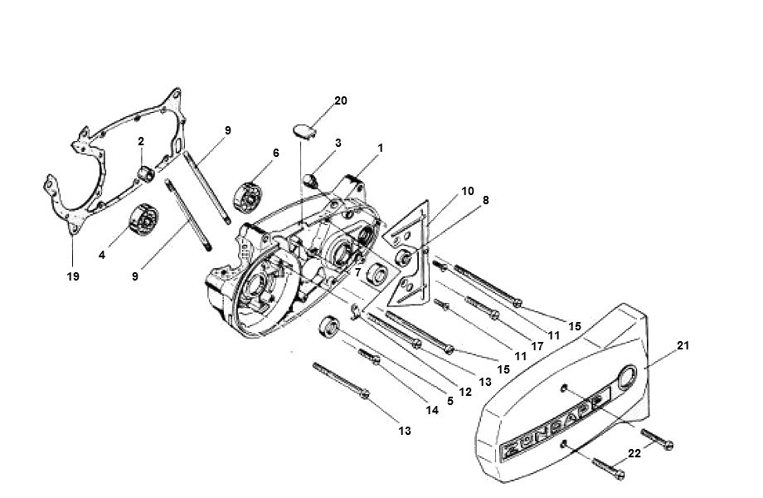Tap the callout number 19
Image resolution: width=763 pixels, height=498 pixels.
coord(73,276)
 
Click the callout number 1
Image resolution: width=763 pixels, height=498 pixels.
coord(380,148)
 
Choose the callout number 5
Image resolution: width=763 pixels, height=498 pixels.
coord(450,401)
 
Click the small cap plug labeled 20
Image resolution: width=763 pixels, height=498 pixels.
coord(304,129)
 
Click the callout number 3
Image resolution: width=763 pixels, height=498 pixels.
coord(338,144)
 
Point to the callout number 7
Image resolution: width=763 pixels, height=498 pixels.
coord(357,271)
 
